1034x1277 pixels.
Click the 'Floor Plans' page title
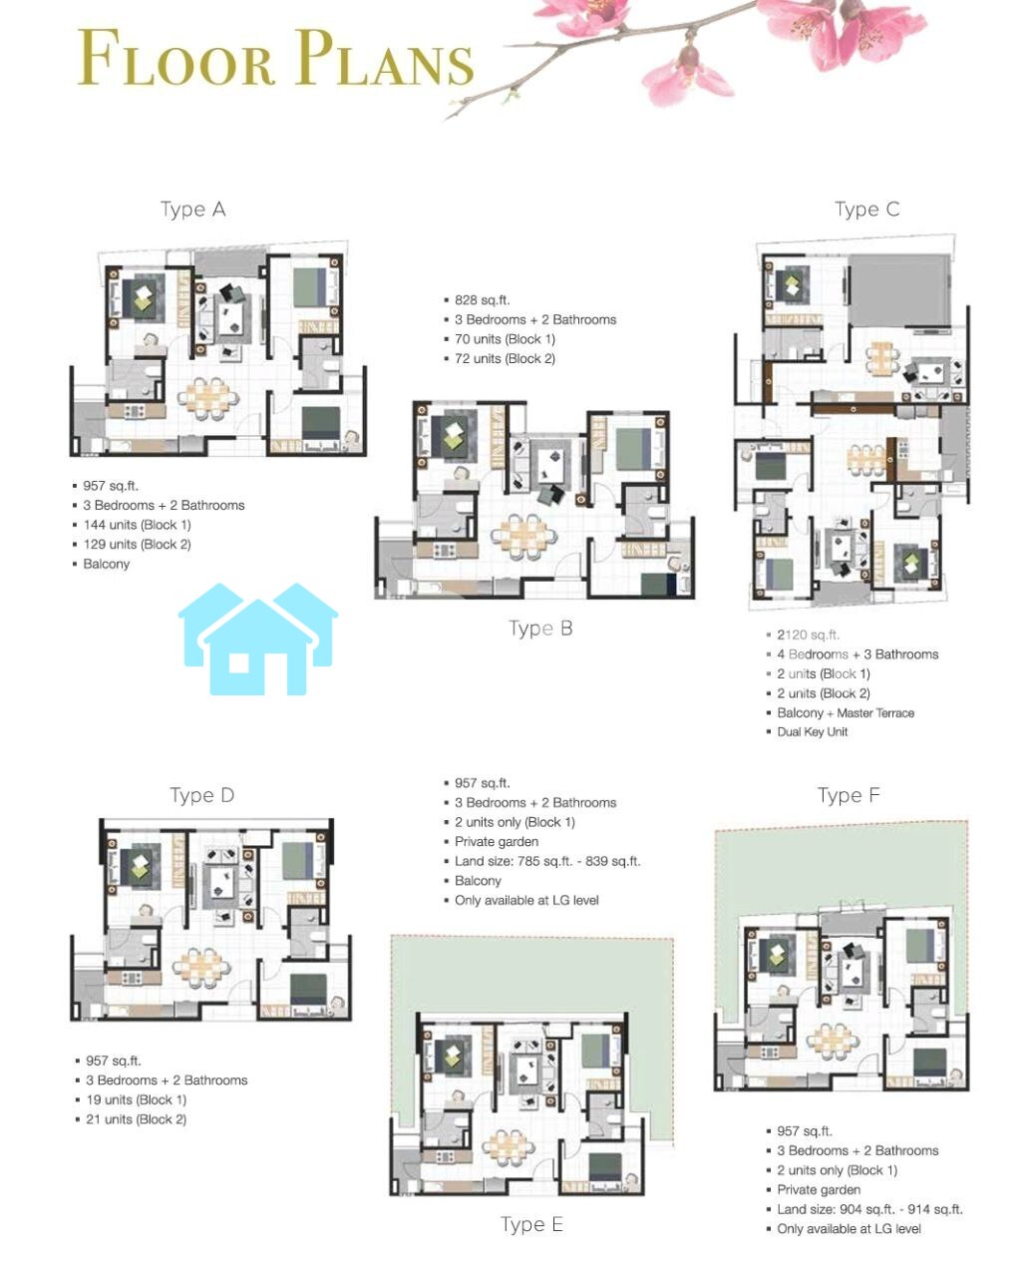(x=276, y=58)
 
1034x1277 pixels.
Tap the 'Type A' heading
(x=192, y=210)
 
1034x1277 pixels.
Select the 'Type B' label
(x=540, y=628)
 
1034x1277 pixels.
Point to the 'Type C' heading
(x=866, y=210)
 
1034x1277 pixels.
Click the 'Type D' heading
(x=201, y=795)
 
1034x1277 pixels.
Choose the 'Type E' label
(x=532, y=1224)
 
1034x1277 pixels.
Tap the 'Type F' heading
(x=849, y=795)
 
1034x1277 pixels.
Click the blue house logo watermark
(x=258, y=638)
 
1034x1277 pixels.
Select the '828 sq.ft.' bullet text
(x=483, y=299)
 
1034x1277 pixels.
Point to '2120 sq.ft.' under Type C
(x=808, y=635)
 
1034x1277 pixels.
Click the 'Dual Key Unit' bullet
(x=813, y=731)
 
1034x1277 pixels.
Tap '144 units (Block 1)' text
(x=138, y=525)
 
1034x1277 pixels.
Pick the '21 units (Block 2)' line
(x=136, y=1119)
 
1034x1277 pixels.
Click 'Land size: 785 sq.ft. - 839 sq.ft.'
(x=547, y=861)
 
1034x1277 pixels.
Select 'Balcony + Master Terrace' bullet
(x=846, y=713)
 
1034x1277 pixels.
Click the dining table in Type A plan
(x=207, y=397)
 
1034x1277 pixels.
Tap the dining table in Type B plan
(x=523, y=536)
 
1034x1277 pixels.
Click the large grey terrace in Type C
(x=899, y=290)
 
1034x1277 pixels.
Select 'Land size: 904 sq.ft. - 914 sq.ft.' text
(x=869, y=1209)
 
